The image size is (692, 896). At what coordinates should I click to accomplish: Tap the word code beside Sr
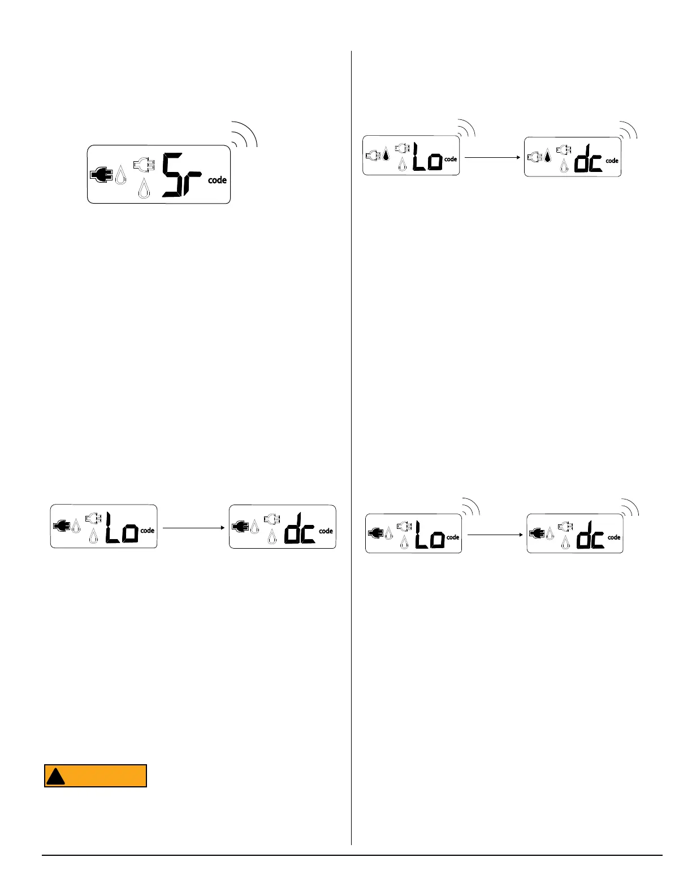click(217, 180)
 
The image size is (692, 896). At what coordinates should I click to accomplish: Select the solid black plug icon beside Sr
click(102, 175)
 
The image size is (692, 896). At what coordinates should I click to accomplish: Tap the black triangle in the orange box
click(55, 777)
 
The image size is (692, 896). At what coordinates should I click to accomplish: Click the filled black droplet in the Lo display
click(386, 154)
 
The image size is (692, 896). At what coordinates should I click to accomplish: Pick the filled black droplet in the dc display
click(547, 155)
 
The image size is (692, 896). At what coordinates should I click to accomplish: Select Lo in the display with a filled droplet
click(427, 157)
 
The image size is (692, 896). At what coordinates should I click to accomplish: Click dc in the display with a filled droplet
click(589, 159)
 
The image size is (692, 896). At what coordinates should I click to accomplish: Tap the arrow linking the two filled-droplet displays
click(492, 158)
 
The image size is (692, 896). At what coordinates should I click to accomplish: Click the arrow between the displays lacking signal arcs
click(193, 528)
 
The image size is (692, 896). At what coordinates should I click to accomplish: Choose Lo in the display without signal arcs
click(122, 528)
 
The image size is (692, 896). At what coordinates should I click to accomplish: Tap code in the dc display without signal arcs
click(326, 531)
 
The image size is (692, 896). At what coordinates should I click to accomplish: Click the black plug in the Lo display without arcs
click(61, 526)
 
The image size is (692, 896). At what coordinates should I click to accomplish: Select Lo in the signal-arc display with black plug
click(430, 535)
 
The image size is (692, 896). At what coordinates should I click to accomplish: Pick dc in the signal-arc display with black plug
click(590, 535)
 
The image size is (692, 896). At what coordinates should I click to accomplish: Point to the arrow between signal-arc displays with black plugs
click(495, 535)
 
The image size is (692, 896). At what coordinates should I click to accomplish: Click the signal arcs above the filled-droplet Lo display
click(467, 128)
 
